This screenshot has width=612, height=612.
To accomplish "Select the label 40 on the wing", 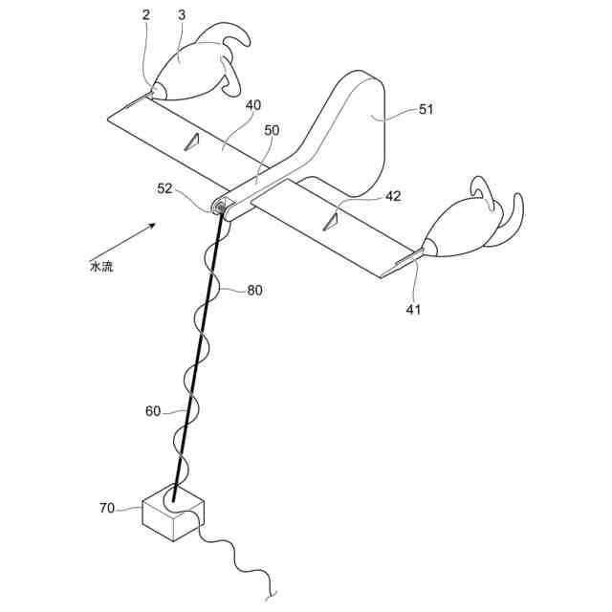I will coord(252,105).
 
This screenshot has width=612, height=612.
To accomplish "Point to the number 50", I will coord(272,129).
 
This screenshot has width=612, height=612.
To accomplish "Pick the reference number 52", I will coord(165,188).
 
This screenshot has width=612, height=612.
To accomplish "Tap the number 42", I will coord(393,196).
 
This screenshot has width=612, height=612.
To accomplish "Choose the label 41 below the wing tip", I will coord(413,309).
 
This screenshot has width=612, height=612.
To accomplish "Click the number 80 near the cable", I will coord(254,291).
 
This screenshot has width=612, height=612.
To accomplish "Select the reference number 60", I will coord(153,411).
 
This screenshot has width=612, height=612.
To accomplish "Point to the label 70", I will coord(107,509).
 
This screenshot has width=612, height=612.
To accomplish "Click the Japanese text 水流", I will coord(101,267).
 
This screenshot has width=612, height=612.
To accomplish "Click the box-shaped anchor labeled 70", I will coord(172,516).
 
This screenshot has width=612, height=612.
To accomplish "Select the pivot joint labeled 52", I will coord(221,205).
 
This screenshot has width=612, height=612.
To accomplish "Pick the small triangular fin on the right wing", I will coord(331,221).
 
